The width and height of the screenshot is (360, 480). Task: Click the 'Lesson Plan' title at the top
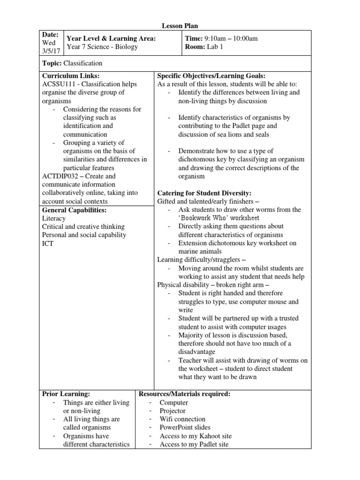(180, 26)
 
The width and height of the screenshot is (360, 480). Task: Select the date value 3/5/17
(51, 51)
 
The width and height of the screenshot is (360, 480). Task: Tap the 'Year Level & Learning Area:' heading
(111, 38)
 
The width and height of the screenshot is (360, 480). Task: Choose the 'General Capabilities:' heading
(74, 210)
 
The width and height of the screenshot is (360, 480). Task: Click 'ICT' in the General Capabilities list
(48, 243)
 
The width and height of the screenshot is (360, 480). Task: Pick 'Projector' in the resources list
(172, 411)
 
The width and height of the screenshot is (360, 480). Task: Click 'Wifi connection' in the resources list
(182, 419)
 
